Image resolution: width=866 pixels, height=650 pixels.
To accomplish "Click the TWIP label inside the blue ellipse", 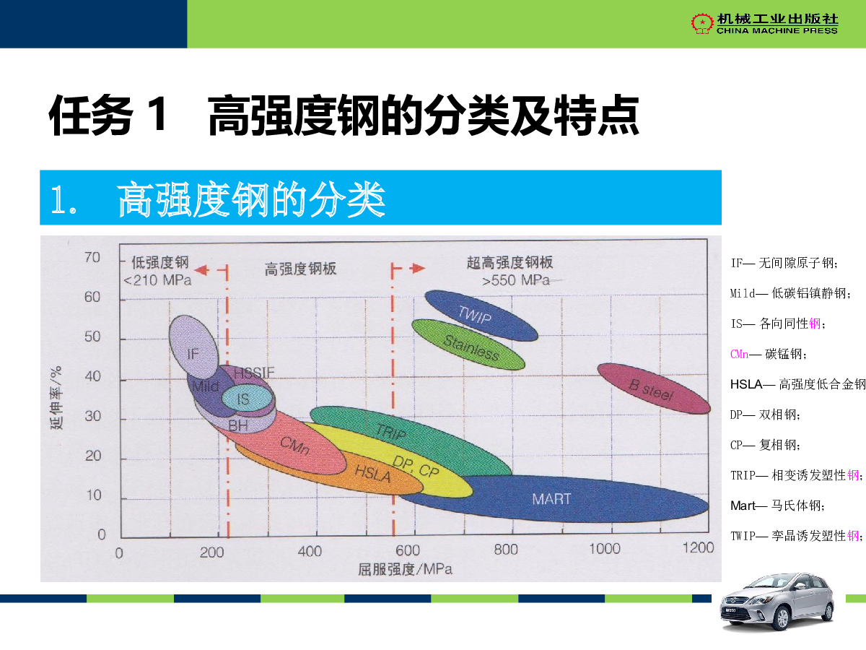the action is click(475, 315).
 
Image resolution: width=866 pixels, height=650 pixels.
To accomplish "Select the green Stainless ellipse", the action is click(468, 344).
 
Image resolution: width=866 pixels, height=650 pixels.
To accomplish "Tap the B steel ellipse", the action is click(654, 389).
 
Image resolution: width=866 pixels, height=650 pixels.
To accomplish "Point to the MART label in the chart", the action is click(551, 499).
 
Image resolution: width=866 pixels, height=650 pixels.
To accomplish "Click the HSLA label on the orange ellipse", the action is click(372, 473).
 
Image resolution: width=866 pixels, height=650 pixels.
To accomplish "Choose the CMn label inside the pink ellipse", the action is click(294, 446).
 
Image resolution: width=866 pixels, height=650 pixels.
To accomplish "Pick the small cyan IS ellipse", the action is click(248, 398).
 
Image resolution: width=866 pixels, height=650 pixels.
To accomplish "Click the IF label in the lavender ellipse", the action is click(193, 354).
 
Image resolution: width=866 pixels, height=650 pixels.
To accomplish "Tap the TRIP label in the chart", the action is click(390, 431).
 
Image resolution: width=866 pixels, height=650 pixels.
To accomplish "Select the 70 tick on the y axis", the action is click(92, 257).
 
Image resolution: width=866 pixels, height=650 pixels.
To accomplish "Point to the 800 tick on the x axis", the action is click(506, 549).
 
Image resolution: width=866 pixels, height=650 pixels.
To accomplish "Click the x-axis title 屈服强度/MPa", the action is click(405, 569).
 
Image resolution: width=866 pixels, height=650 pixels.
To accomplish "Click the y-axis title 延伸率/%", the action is click(56, 397).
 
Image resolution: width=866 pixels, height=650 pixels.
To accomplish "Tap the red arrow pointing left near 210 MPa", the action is click(202, 270).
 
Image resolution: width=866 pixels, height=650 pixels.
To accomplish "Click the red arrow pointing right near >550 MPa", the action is click(417, 269).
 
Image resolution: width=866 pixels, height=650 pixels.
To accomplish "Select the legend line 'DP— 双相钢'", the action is click(765, 415).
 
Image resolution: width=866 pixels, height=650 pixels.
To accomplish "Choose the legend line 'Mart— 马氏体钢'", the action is click(777, 506).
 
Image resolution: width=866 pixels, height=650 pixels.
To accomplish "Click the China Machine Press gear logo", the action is click(702, 23).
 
